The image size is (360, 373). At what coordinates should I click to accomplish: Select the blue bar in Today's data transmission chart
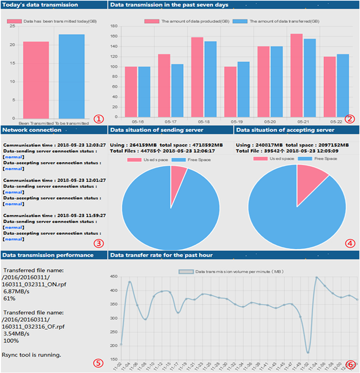[71, 78]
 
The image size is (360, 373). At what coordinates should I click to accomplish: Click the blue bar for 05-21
[310, 78]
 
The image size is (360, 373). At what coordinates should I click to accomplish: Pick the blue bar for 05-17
[177, 90]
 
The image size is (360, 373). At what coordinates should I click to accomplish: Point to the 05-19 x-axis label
[237, 121]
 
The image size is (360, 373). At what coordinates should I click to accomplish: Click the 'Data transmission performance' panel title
[47, 255]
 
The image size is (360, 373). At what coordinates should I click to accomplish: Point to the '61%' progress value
[9, 298]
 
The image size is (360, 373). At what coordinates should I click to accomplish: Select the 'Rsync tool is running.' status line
[32, 355]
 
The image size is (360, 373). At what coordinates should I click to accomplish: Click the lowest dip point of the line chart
[308, 352]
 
